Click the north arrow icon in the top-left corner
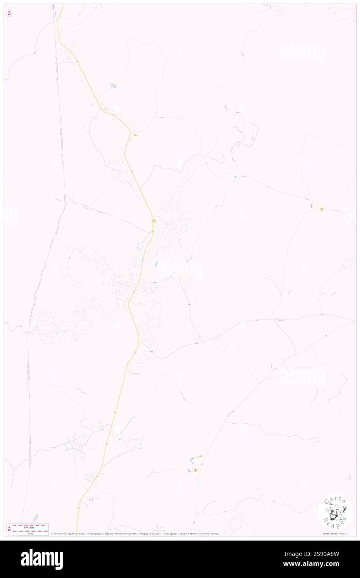9,13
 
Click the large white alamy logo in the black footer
42,559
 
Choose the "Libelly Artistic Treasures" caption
335,534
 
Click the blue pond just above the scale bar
36,517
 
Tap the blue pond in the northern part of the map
113,86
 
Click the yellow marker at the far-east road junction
321,209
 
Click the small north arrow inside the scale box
10,529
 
